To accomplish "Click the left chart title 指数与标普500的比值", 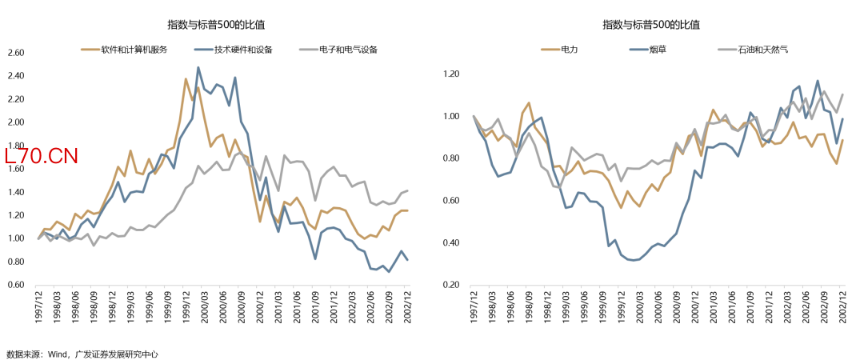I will pos(216,25).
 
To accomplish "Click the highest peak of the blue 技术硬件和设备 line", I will pos(198,67).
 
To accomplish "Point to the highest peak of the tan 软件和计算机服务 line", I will pos(186,79).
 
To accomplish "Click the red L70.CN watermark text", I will pos(41,157).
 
